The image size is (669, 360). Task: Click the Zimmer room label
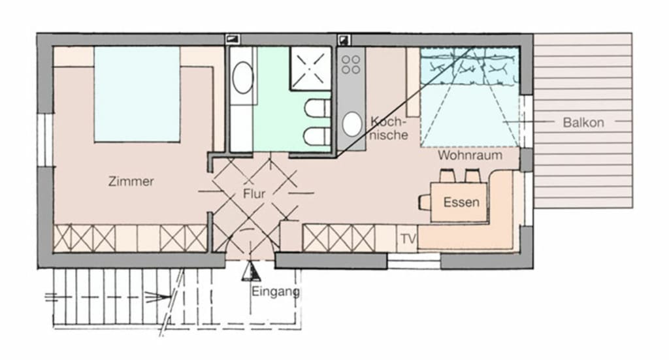coord(131,181)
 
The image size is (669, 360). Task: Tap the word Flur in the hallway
coord(254,193)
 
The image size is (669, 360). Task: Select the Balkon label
coord(583,122)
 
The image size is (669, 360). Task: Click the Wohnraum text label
coord(470,155)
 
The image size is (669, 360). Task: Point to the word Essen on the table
coord(461,202)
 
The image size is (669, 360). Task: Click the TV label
coord(408,239)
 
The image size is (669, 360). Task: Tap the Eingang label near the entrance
coord(276,292)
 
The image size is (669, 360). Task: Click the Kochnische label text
coord(389,129)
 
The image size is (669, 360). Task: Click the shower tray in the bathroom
coord(311,68)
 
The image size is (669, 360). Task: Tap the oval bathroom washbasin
coord(243,78)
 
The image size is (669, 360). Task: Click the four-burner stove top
coord(351,65)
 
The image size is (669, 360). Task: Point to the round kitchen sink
coord(352,124)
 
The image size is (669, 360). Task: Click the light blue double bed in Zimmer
coord(137,94)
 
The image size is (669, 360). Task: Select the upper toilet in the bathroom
coord(318,108)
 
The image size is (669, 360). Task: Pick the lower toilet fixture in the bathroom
coord(318,136)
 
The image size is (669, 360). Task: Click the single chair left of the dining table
coord(425,202)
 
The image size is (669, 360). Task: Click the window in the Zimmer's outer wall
coord(45,140)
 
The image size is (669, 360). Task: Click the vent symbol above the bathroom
coord(233,40)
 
